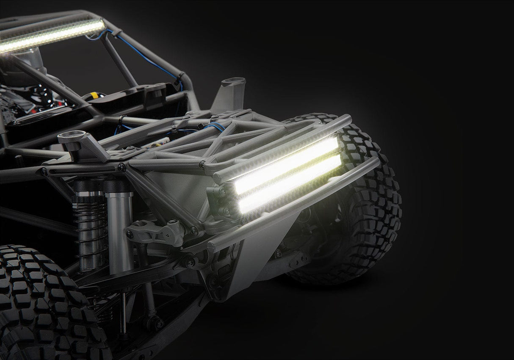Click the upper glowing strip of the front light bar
(288, 165)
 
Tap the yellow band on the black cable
(94, 95)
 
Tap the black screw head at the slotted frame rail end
(122, 167)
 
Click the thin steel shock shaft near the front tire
(123, 309)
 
